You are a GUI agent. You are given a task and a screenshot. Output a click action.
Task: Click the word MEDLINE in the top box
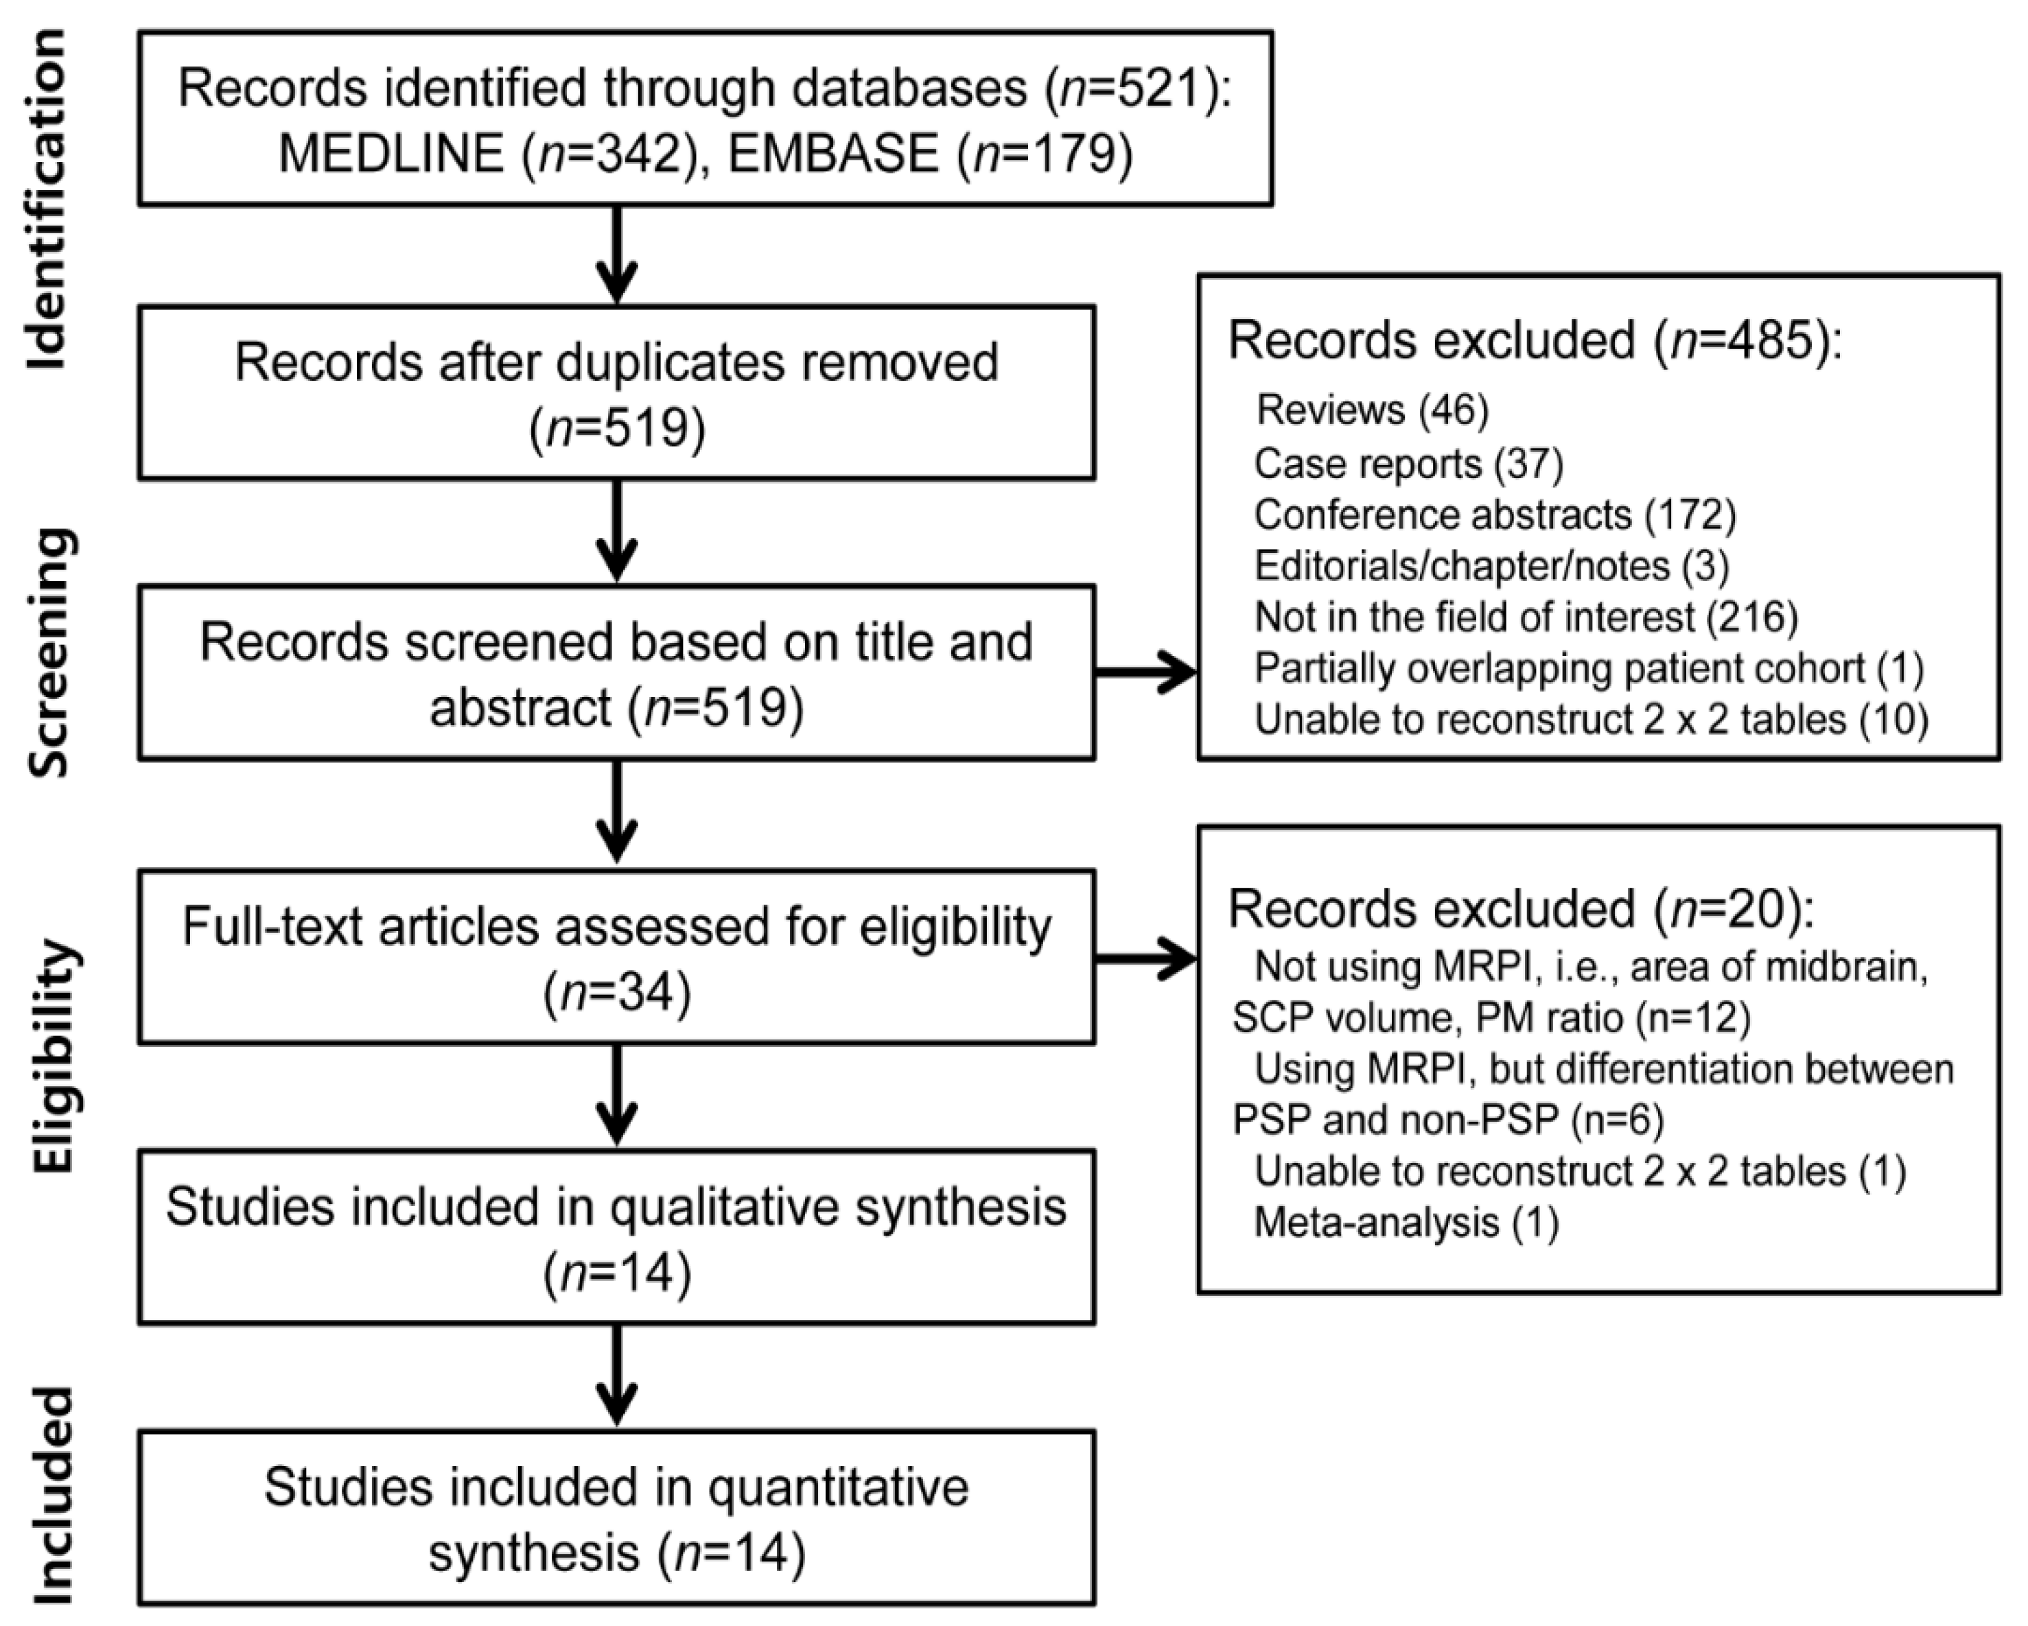click(391, 153)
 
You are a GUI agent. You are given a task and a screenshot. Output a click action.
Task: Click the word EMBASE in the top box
click(833, 153)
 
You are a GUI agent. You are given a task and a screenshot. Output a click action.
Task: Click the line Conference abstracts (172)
click(1495, 515)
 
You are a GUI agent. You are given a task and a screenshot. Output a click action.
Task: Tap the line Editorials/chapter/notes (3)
click(1491, 565)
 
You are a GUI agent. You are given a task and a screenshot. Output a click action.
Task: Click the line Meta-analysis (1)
click(1406, 1223)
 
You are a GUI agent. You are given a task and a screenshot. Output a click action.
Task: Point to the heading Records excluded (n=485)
click(1533, 340)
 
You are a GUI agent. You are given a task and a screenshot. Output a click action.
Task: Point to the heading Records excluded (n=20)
click(1519, 910)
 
